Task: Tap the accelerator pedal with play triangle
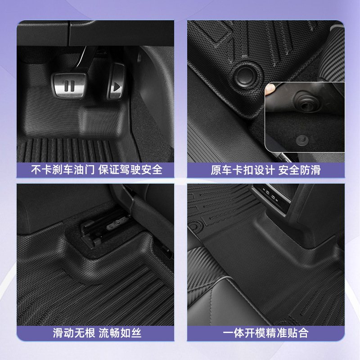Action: click(x=116, y=84)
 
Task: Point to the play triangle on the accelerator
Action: click(x=117, y=85)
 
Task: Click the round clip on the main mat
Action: click(x=246, y=75)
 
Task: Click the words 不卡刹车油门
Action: click(x=62, y=170)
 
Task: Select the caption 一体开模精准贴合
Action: click(x=265, y=333)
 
